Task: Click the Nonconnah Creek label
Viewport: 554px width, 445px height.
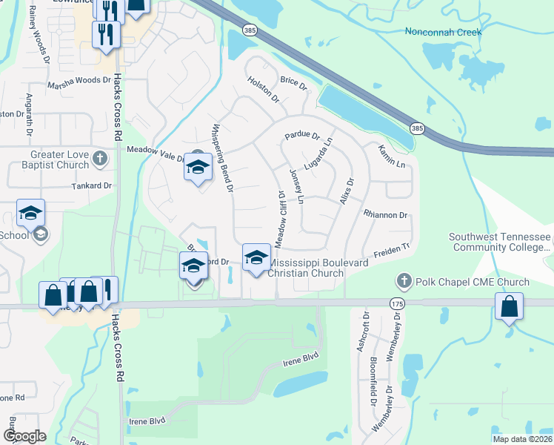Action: click(444, 32)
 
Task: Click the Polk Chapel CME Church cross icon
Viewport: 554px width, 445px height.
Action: click(404, 282)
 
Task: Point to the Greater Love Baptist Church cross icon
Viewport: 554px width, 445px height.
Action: click(101, 159)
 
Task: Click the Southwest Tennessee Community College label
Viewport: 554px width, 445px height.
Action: click(499, 243)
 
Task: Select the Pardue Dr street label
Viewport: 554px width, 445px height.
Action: click(301, 136)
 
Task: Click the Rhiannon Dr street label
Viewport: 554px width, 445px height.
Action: click(386, 215)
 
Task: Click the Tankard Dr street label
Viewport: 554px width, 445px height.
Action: click(92, 186)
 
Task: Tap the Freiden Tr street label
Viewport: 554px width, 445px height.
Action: click(390, 250)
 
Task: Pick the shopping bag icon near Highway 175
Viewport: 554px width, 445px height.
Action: click(510, 306)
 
